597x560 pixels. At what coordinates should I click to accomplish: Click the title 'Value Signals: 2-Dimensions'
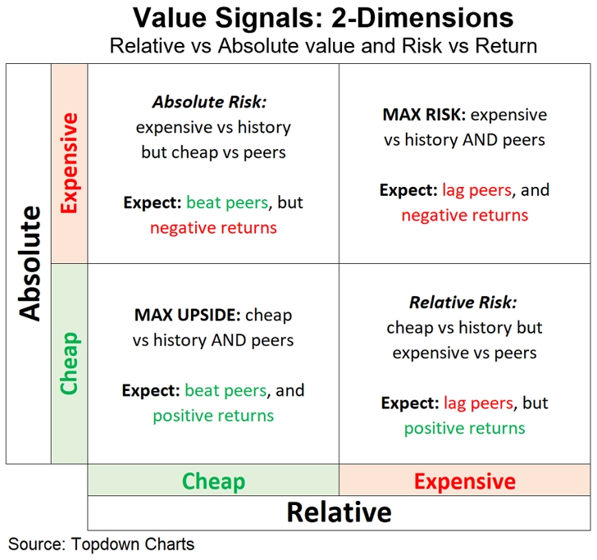pos(323,17)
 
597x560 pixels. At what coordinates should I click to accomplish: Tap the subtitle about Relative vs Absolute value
pos(323,46)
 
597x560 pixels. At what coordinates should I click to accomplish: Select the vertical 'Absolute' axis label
pos(30,263)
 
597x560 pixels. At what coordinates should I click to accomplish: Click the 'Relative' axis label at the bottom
pos(339,512)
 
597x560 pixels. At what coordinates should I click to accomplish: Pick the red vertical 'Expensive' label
pos(69,163)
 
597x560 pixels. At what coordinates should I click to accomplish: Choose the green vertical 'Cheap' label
pos(69,363)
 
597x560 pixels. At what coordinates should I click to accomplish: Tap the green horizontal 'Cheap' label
pos(213,481)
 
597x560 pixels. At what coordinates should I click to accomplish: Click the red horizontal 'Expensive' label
pos(465,481)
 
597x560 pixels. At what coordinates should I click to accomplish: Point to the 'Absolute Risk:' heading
pos(209,102)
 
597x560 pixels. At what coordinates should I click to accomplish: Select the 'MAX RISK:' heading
pos(424,115)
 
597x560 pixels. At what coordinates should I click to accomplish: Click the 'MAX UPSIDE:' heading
pos(187,315)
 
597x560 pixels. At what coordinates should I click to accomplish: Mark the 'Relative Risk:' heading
pos(463,303)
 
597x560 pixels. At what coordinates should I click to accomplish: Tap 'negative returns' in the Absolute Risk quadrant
pos(213,228)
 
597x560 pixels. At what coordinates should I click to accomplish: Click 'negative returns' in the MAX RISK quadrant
pos(465,216)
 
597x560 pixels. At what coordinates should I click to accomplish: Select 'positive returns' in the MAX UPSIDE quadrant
pos(213,416)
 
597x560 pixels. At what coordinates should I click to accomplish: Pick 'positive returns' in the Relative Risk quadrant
pos(464,429)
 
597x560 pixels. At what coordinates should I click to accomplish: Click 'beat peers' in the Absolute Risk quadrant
pos(227,203)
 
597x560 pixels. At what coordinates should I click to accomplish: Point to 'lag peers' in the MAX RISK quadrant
pos(476,190)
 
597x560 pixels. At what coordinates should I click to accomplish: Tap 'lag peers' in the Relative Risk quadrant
pos(478,403)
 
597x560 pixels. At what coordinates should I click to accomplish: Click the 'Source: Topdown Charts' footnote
pos(102,544)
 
